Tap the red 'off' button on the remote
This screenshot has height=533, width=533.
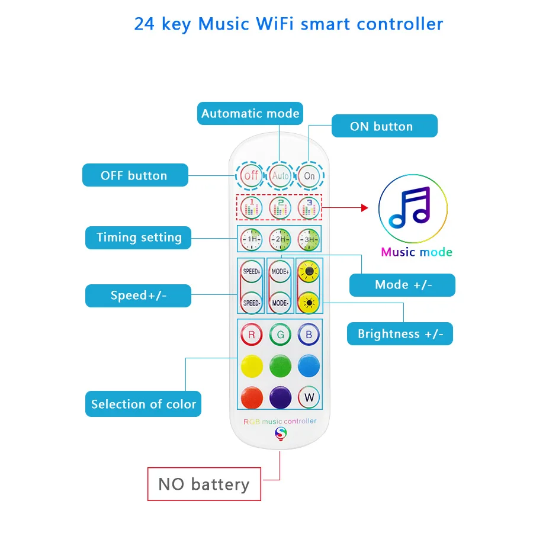252,175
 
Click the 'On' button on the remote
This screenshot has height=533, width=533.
309,176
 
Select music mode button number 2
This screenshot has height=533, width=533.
280,207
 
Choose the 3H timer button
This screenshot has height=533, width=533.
309,239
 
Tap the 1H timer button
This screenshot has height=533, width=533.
252,239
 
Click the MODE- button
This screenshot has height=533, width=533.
280,303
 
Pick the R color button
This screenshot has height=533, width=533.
252,335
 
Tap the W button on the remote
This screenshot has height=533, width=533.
309,397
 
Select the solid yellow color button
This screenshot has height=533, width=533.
252,366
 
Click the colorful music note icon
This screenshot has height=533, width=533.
413,209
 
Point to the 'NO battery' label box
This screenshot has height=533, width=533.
204,484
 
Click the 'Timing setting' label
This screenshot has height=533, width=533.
139,237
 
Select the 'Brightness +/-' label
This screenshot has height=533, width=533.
400,334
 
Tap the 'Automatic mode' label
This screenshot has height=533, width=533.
250,113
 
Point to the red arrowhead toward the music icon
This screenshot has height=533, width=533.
364,208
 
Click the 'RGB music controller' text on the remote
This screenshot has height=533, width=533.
280,421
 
